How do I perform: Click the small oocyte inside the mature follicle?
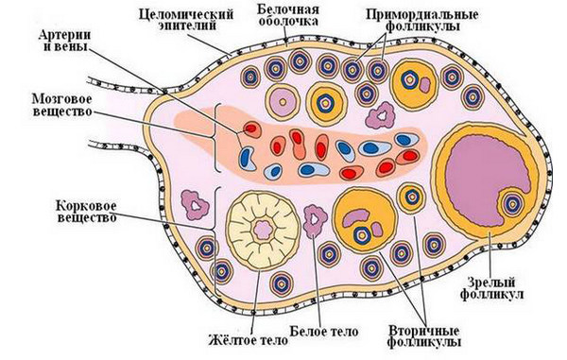tap(513, 205)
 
